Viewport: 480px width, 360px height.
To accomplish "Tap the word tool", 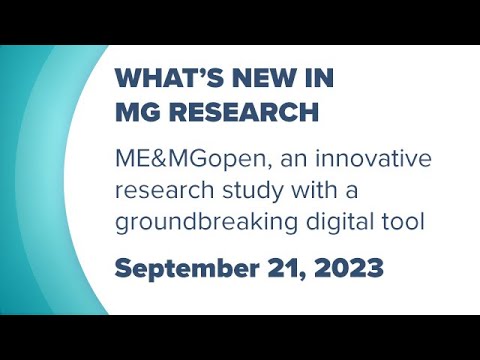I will pyautogui.click(x=404, y=220).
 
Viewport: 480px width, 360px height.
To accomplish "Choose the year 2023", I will pyautogui.click(x=344, y=267).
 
